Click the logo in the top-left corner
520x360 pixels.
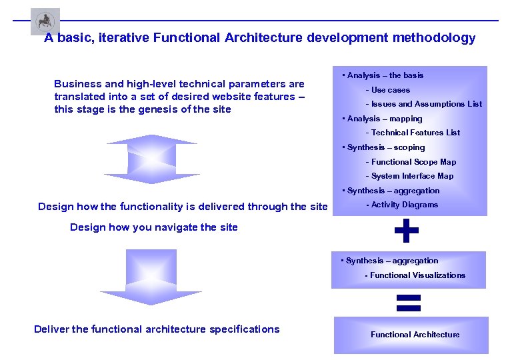45,21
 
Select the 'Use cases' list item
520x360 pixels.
391,90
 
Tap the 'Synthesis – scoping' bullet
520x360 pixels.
386,147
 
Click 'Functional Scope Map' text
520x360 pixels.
414,162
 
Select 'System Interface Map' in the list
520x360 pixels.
413,176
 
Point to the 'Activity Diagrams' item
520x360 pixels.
405,205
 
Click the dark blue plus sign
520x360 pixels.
407,231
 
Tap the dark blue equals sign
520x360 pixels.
408,303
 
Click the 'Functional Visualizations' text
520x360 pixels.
418,275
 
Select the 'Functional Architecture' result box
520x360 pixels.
411,335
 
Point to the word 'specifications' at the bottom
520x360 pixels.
245,329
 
